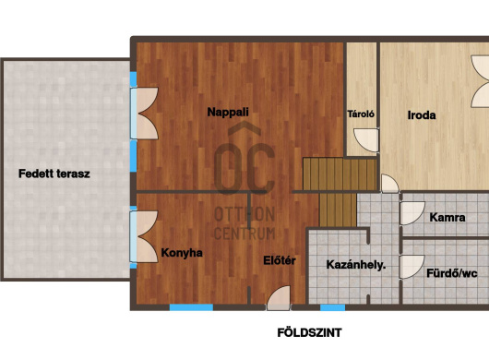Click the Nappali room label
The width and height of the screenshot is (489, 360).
(x=228, y=112)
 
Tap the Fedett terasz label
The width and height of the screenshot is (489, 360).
(x=54, y=174)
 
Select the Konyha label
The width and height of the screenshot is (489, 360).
(x=182, y=253)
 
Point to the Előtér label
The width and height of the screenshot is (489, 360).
(x=280, y=260)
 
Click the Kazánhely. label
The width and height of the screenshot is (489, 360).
(x=356, y=265)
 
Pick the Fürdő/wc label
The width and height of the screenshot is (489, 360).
(x=452, y=273)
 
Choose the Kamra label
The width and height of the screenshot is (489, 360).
(x=447, y=217)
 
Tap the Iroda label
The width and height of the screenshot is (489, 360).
(x=422, y=115)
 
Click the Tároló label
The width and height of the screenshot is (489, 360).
(x=361, y=114)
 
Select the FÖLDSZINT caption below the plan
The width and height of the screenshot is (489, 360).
(x=309, y=333)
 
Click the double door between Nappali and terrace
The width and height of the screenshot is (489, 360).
(x=144, y=114)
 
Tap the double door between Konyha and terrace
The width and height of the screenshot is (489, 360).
(x=144, y=237)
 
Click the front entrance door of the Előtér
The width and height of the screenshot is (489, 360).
(x=279, y=298)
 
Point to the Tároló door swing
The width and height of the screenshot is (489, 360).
(x=366, y=140)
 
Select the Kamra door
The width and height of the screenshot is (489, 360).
(x=412, y=213)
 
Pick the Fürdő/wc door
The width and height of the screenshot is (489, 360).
(x=412, y=267)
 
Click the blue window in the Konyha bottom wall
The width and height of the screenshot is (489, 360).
(x=191, y=307)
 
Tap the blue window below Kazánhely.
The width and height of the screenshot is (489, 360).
(x=333, y=307)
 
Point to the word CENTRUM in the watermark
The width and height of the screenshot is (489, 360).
(x=244, y=234)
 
